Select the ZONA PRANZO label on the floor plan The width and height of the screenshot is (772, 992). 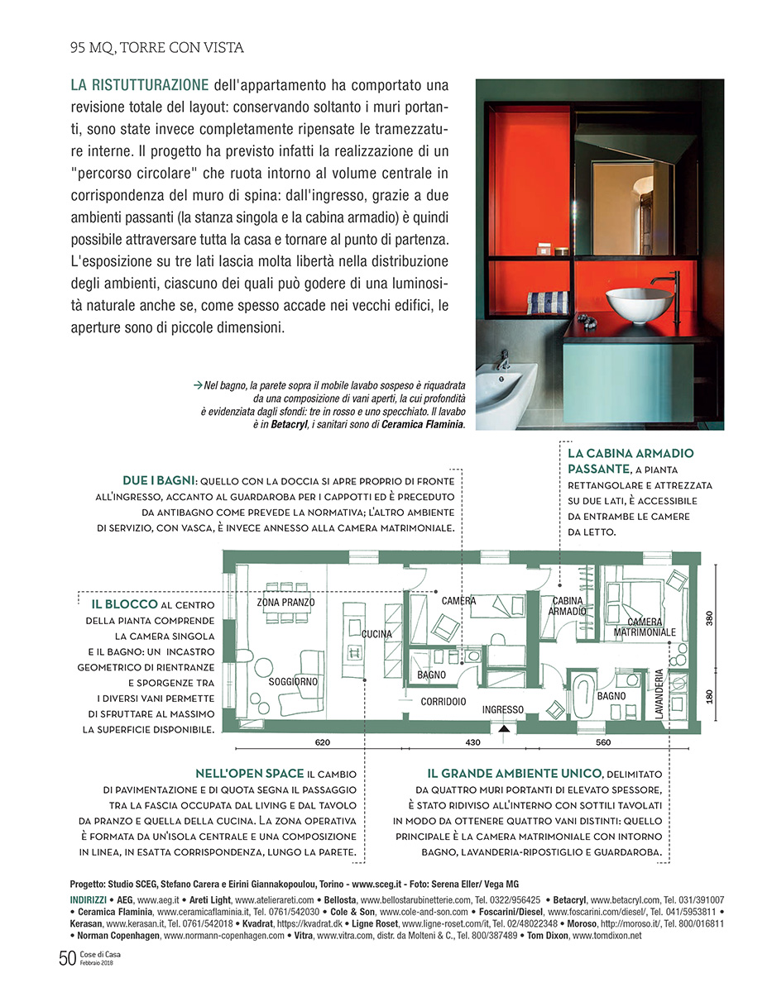(285, 603)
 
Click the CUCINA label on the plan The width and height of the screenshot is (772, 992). (376, 634)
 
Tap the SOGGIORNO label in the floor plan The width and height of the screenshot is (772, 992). (293, 682)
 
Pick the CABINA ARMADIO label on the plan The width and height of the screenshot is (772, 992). (568, 606)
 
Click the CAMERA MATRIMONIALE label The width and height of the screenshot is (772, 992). (645, 627)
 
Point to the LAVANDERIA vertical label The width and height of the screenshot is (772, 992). (659, 694)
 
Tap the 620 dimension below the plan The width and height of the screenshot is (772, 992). (323, 742)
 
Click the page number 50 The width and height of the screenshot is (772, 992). (67, 958)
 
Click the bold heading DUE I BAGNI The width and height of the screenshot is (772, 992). (158, 479)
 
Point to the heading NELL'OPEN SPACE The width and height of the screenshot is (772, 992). (249, 774)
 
